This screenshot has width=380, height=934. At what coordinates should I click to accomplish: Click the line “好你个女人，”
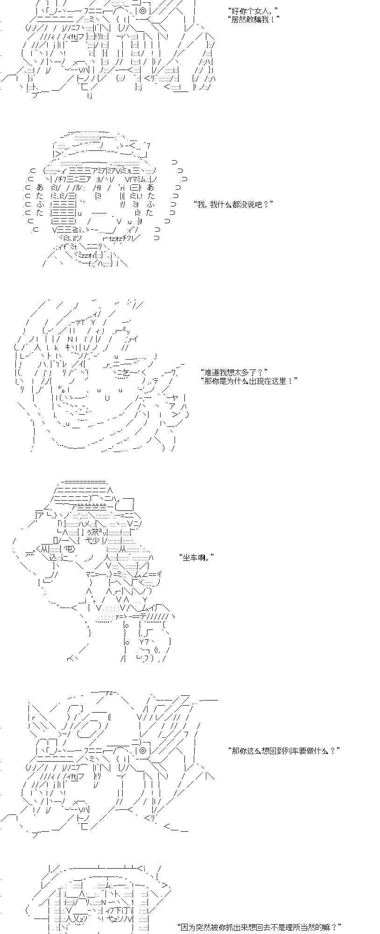click(x=252, y=10)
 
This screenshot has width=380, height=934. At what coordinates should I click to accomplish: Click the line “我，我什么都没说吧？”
click(x=232, y=204)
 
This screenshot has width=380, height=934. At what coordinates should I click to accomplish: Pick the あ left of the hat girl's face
click(x=40, y=187)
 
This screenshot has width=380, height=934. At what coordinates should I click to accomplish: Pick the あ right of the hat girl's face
click(x=150, y=187)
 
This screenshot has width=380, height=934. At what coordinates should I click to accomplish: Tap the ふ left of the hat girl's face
click(x=40, y=204)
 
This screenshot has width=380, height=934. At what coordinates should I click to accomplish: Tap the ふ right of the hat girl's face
click(x=150, y=204)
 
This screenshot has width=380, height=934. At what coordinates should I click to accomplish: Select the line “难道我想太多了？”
click(x=233, y=372)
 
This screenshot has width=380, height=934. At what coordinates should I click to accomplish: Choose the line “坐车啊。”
click(x=197, y=557)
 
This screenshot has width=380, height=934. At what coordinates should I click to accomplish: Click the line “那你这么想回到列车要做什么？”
click(x=283, y=750)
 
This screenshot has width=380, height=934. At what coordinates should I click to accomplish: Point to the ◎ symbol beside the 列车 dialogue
click(x=143, y=750)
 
